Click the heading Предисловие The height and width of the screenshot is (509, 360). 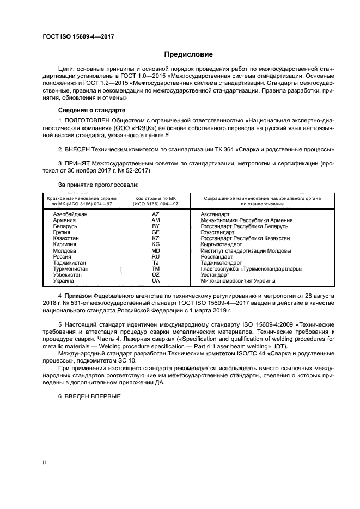pyautogui.click(x=188, y=54)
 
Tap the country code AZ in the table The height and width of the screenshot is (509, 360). pyautogui.click(x=156, y=214)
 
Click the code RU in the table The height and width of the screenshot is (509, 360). pyautogui.click(x=156, y=256)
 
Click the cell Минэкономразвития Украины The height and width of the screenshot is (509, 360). pyautogui.click(x=238, y=281)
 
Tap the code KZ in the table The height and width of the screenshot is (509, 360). pyautogui.click(x=156, y=238)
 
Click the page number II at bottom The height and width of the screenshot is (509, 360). pyautogui.click(x=45, y=462)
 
